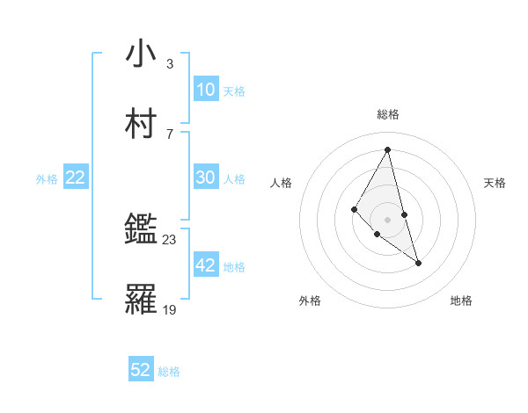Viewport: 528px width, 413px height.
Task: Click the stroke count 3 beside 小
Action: pyautogui.click(x=169, y=63)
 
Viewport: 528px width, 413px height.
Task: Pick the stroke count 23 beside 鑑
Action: pyautogui.click(x=170, y=239)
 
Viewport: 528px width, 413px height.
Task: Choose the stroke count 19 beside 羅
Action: pyautogui.click(x=170, y=309)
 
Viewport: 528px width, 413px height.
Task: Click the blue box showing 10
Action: pyautogui.click(x=205, y=90)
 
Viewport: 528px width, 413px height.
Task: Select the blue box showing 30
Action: pyautogui.click(x=205, y=178)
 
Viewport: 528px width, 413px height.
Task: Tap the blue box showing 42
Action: pyautogui.click(x=205, y=265)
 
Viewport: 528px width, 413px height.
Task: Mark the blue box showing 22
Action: pyautogui.click(x=76, y=178)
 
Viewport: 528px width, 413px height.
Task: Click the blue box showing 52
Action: pyautogui.click(x=141, y=370)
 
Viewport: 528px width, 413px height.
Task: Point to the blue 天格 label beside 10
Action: pyautogui.click(x=233, y=91)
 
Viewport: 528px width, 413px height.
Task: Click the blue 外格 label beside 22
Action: pyautogui.click(x=47, y=179)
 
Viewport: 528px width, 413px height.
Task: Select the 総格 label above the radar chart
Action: pyautogui.click(x=388, y=114)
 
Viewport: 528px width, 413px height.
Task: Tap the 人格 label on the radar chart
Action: pyautogui.click(x=282, y=183)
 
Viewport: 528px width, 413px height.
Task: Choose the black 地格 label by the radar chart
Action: pyautogui.click(x=461, y=301)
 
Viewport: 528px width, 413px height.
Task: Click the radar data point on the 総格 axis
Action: pyautogui.click(x=387, y=149)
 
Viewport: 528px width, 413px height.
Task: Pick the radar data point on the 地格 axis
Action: pyautogui.click(x=418, y=263)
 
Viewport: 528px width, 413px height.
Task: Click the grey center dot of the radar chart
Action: pyautogui.click(x=387, y=219)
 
